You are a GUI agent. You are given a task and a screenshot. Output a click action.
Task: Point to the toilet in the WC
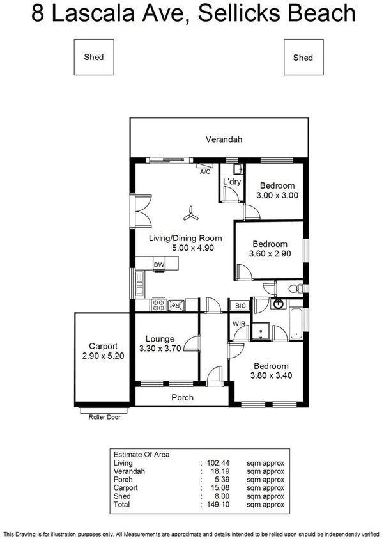coord(293,288)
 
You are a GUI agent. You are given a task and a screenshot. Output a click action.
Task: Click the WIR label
coord(239,324)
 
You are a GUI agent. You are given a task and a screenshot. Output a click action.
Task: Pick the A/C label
coord(204,172)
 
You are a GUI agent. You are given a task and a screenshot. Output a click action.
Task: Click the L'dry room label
coord(231,182)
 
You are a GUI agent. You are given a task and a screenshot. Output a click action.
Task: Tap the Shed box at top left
coord(94,57)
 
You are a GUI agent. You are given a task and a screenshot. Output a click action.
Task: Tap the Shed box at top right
coord(303,58)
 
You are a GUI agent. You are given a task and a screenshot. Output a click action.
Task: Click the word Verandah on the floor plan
coord(224,139)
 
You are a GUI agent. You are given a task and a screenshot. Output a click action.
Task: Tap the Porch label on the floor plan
coord(182,397)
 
